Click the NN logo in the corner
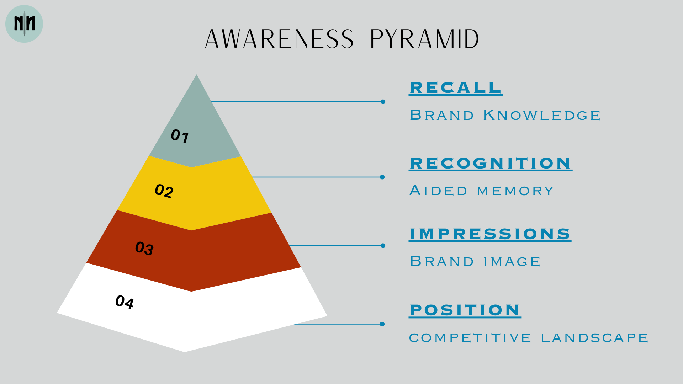pyautogui.click(x=24, y=24)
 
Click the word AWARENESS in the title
pyautogui.click(x=280, y=39)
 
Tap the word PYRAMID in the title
pyautogui.click(x=425, y=39)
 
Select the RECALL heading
pyautogui.click(x=456, y=88)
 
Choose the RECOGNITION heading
pyautogui.click(x=491, y=164)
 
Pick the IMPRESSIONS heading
pyautogui.click(x=490, y=234)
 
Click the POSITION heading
pyautogui.click(x=465, y=310)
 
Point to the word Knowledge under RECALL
pyautogui.click(x=542, y=115)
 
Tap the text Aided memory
pyautogui.click(x=482, y=191)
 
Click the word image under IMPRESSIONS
pyautogui.click(x=512, y=262)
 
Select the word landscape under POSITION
pyautogui.click(x=595, y=338)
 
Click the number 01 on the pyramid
pyautogui.click(x=180, y=136)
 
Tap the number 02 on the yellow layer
pyautogui.click(x=164, y=191)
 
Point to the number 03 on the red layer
pyautogui.click(x=144, y=248)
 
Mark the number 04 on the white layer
pyautogui.click(x=125, y=302)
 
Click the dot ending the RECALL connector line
pyautogui.click(x=383, y=102)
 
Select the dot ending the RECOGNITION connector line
pyautogui.click(x=382, y=177)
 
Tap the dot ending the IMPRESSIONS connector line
pyautogui.click(x=383, y=246)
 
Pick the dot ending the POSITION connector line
pyautogui.click(x=382, y=324)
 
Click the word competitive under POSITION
pyautogui.click(x=470, y=338)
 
